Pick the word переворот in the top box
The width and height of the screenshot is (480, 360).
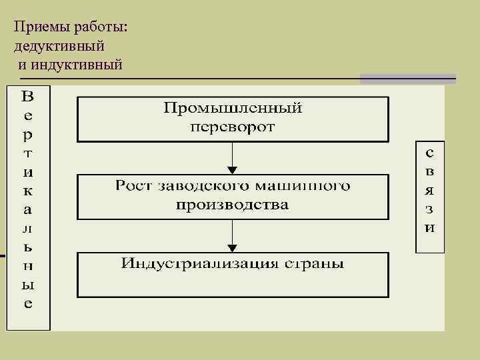tap(233, 127)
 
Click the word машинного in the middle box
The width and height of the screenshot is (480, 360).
tap(307, 185)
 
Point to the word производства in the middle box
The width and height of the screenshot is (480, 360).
tap(233, 204)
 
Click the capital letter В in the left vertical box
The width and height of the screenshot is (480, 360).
tap(27, 96)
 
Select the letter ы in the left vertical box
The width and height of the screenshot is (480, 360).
tap(27, 285)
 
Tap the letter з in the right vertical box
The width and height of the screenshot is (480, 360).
tap(429, 209)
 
